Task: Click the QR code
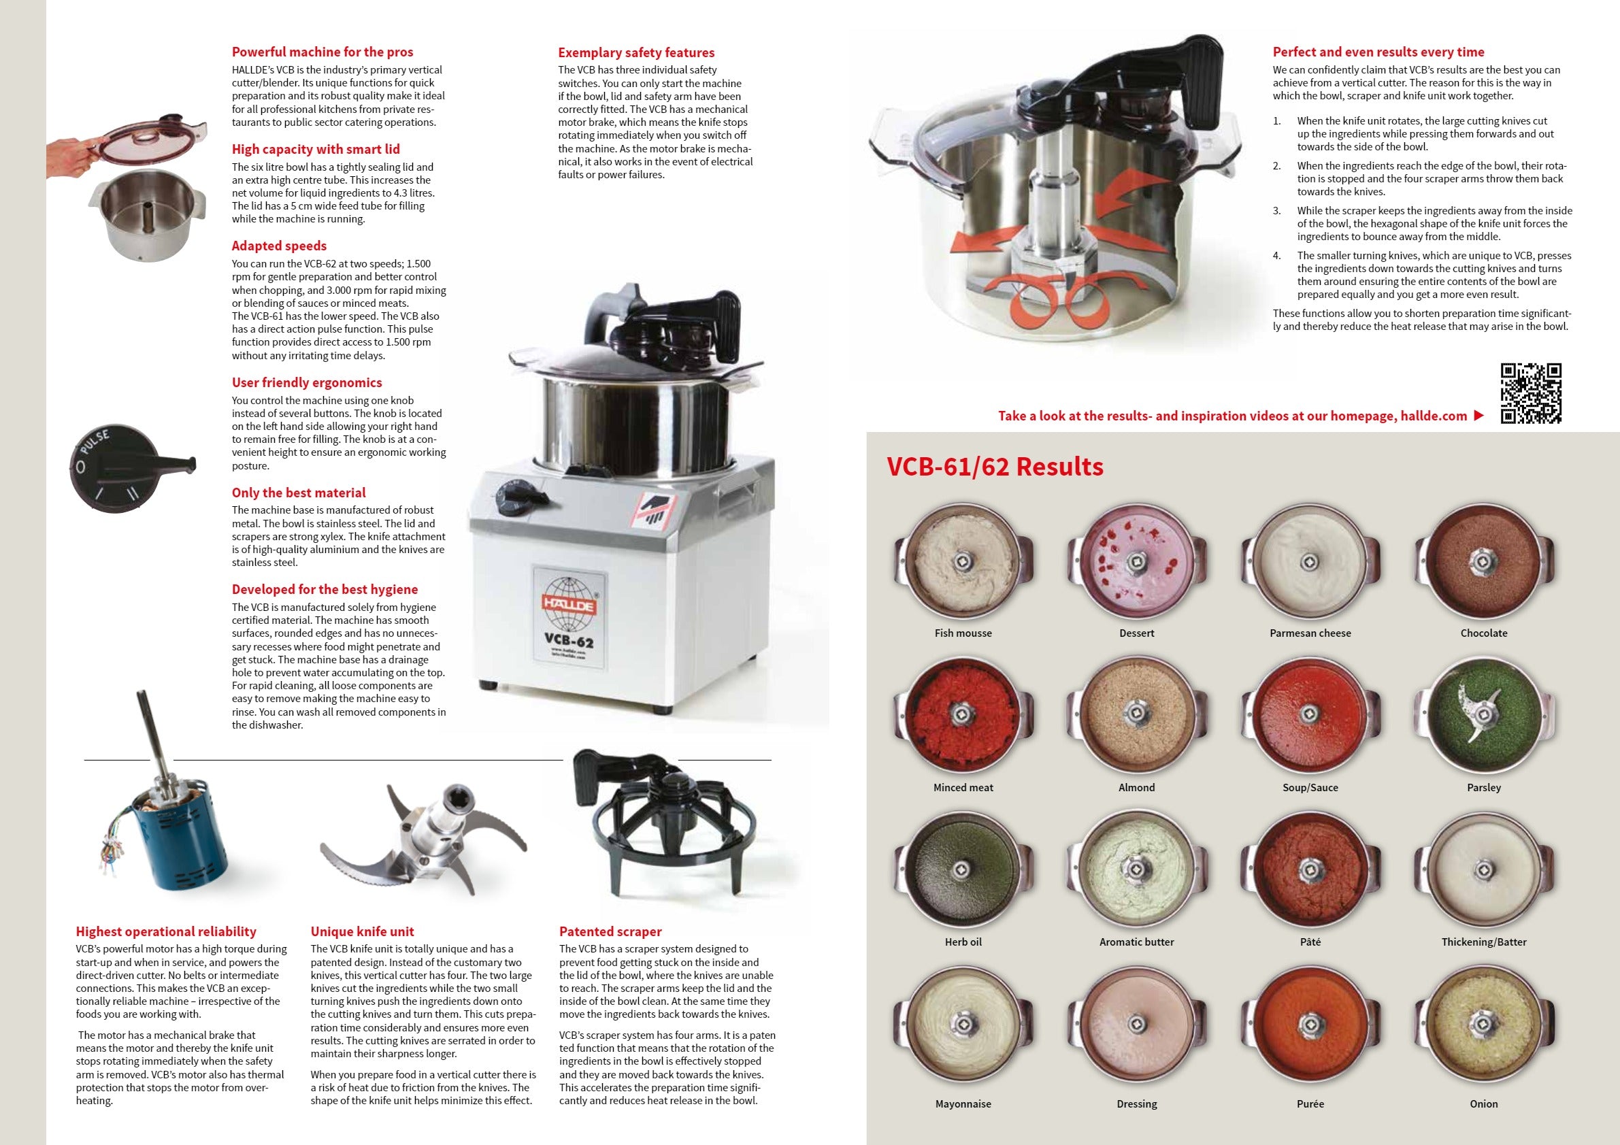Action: click(x=1530, y=393)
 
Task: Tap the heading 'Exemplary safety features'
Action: click(x=635, y=52)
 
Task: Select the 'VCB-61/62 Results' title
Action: click(x=994, y=466)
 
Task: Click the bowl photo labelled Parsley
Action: click(x=1484, y=714)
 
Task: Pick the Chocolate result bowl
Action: click(x=1484, y=561)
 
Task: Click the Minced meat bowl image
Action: click(x=962, y=714)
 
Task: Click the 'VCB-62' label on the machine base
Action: click(x=569, y=640)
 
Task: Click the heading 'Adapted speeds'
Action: click(x=279, y=246)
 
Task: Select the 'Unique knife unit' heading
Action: click(x=362, y=931)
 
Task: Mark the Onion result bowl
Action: click(x=1484, y=1024)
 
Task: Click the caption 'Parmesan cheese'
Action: click(x=1310, y=633)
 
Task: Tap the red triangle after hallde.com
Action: click(x=1479, y=416)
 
